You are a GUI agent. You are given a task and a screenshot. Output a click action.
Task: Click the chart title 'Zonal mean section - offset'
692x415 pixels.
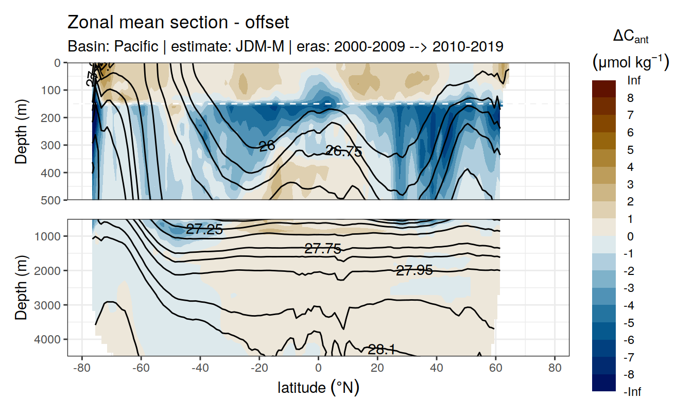(x=178, y=23)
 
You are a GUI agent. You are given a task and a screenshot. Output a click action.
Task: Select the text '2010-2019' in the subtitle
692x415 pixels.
(x=468, y=46)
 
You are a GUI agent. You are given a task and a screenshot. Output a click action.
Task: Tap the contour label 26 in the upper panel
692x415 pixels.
(x=267, y=146)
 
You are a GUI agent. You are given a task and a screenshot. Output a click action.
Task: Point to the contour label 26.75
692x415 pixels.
(x=344, y=151)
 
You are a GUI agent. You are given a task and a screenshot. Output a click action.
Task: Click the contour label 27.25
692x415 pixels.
(x=204, y=230)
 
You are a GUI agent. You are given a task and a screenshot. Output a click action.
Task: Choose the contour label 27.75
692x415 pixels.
(x=323, y=249)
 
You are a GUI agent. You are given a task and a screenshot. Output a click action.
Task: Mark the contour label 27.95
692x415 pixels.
(x=414, y=270)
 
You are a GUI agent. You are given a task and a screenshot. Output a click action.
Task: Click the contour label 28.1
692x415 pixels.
(x=382, y=350)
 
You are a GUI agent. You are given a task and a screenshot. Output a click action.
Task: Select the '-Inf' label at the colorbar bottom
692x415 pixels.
(x=633, y=392)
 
